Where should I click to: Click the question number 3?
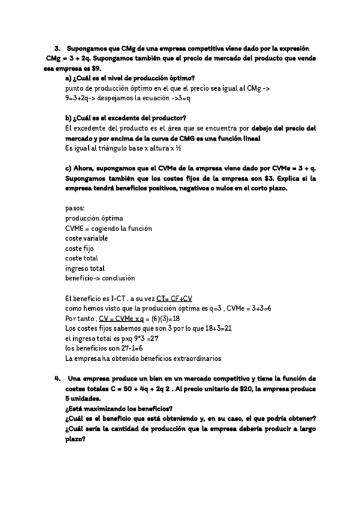57,47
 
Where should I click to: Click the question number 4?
57,379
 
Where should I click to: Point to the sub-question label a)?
68,79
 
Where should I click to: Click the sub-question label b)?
68,117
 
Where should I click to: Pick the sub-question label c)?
68,168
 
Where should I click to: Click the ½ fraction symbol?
173,148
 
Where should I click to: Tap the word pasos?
75,208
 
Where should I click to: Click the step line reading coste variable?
86,238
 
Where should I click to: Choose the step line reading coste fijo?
79,248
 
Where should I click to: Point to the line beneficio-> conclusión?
100,278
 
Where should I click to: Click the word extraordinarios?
191,358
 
